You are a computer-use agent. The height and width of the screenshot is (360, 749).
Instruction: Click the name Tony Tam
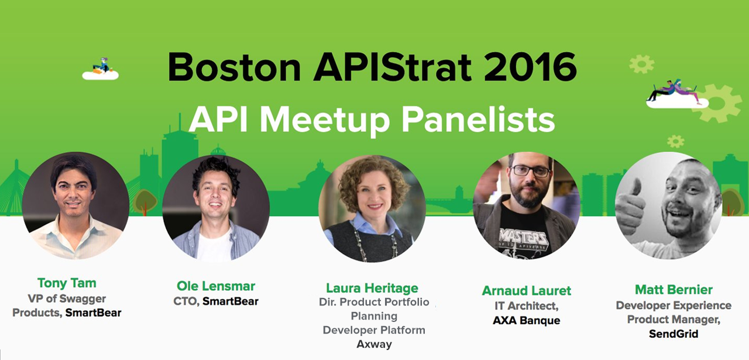pyautogui.click(x=67, y=283)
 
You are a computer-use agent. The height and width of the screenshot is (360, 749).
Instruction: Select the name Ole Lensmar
pyautogui.click(x=216, y=286)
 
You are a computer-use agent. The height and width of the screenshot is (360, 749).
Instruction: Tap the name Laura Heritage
pyautogui.click(x=372, y=288)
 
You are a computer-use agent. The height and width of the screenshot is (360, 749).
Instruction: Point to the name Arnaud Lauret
pyautogui.click(x=526, y=290)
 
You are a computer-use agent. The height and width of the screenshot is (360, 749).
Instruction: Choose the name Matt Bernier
pyautogui.click(x=674, y=289)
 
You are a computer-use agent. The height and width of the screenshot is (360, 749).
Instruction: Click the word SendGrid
pyautogui.click(x=674, y=334)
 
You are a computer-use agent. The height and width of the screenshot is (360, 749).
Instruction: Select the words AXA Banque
pyautogui.click(x=526, y=320)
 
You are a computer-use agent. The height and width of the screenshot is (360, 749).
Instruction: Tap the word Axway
pyautogui.click(x=374, y=344)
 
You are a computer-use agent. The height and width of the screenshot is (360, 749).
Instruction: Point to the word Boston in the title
pyautogui.click(x=235, y=67)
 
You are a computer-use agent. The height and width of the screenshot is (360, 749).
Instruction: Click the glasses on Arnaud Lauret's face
pyautogui.click(x=531, y=171)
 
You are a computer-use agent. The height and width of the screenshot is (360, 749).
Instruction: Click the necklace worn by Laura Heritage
pyautogui.click(x=374, y=241)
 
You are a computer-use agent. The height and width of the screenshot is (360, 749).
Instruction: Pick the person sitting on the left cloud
pyautogui.click(x=102, y=65)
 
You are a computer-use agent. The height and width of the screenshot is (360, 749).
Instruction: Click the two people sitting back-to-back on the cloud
pyautogui.click(x=673, y=91)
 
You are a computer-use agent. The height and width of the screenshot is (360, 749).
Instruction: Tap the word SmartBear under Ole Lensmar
pyautogui.click(x=231, y=301)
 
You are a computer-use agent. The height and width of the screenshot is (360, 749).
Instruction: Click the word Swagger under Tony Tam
pyautogui.click(x=83, y=299)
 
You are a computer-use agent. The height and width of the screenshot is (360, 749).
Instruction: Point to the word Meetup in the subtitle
pyautogui.click(x=325, y=120)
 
